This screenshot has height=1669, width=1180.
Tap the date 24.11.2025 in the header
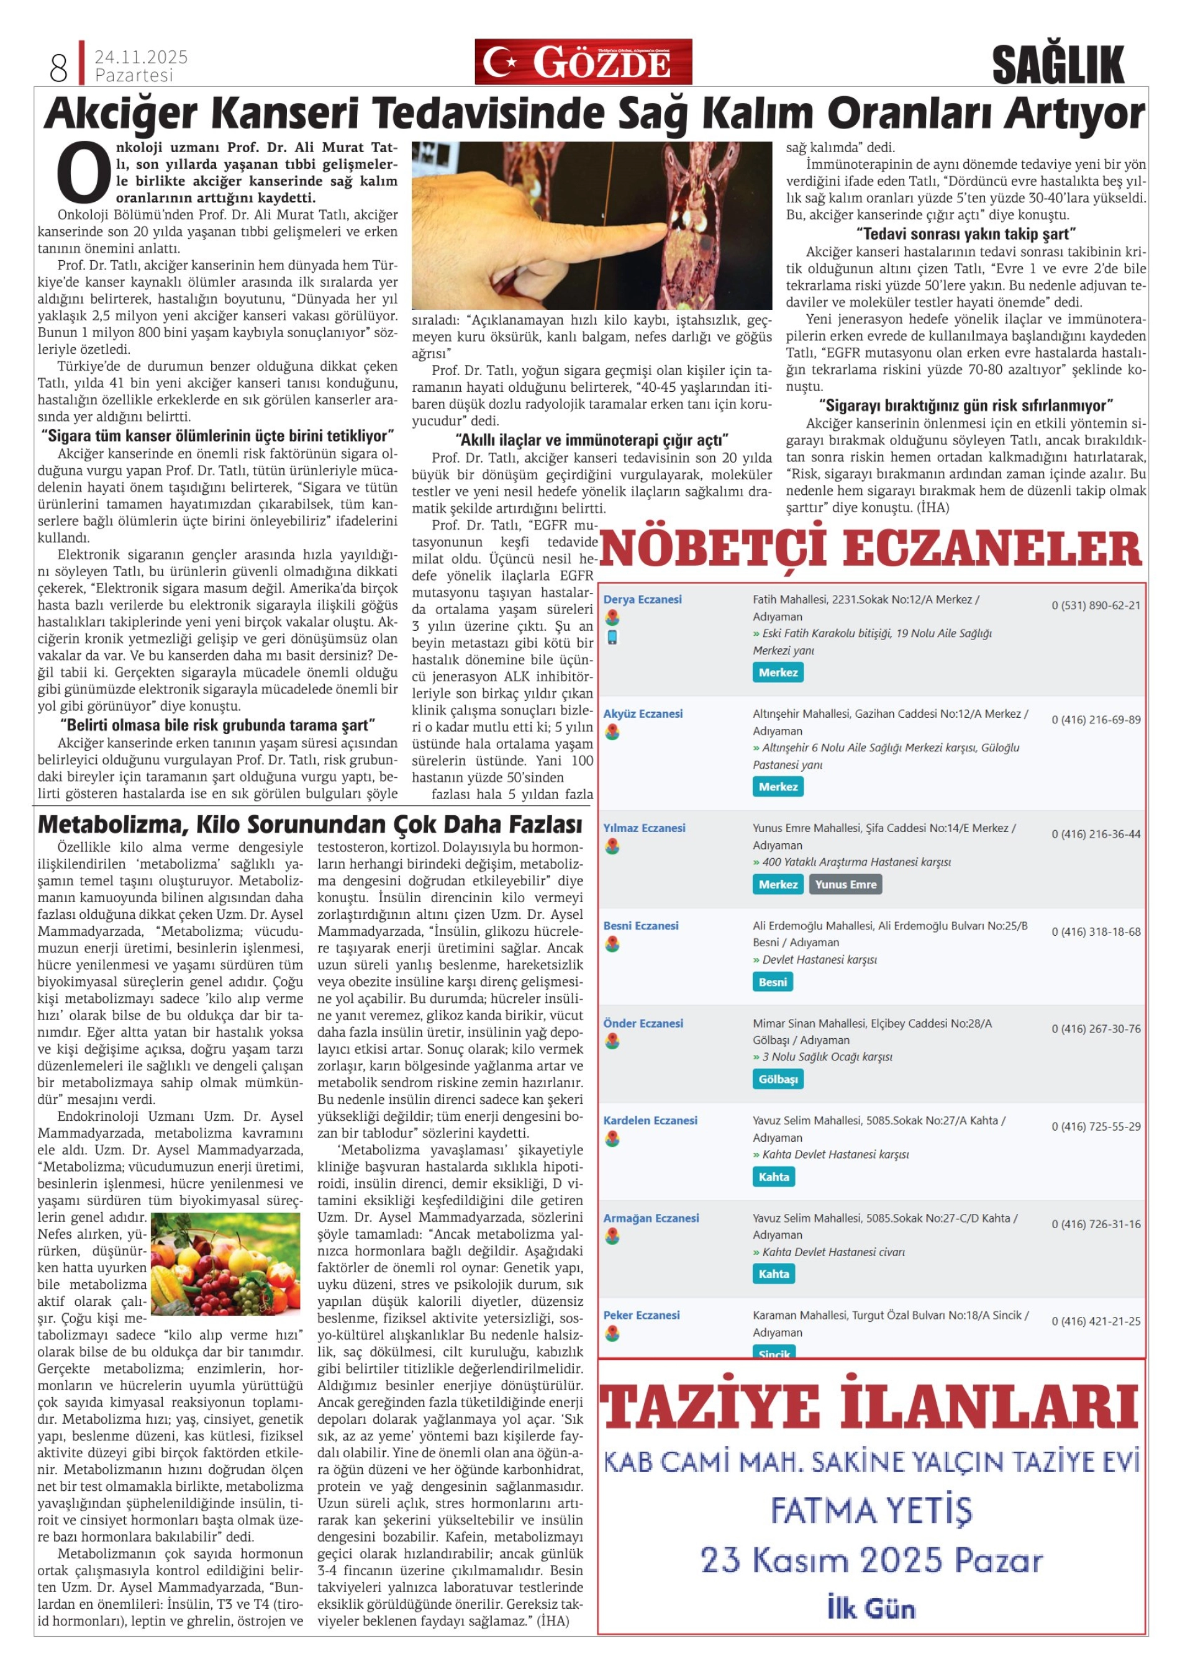(141, 57)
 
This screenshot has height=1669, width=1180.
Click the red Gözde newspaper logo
(583, 62)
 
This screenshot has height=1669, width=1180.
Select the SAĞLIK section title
(1058, 64)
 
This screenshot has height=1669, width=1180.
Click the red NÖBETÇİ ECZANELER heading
(870, 549)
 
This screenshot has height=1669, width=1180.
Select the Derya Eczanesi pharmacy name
(642, 599)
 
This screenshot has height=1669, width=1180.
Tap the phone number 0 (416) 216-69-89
(1096, 720)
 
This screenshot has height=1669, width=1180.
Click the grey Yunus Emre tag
(845, 885)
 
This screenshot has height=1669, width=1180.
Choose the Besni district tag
(772, 982)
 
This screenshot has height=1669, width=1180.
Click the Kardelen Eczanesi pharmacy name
(650, 1120)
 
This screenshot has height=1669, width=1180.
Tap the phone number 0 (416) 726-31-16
(1096, 1224)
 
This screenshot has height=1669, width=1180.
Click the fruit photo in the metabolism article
(225, 1263)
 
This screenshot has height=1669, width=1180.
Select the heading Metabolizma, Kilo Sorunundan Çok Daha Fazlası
(310, 825)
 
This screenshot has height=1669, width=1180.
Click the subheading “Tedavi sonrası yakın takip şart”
(966, 234)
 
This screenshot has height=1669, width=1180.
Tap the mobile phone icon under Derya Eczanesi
(612, 638)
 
